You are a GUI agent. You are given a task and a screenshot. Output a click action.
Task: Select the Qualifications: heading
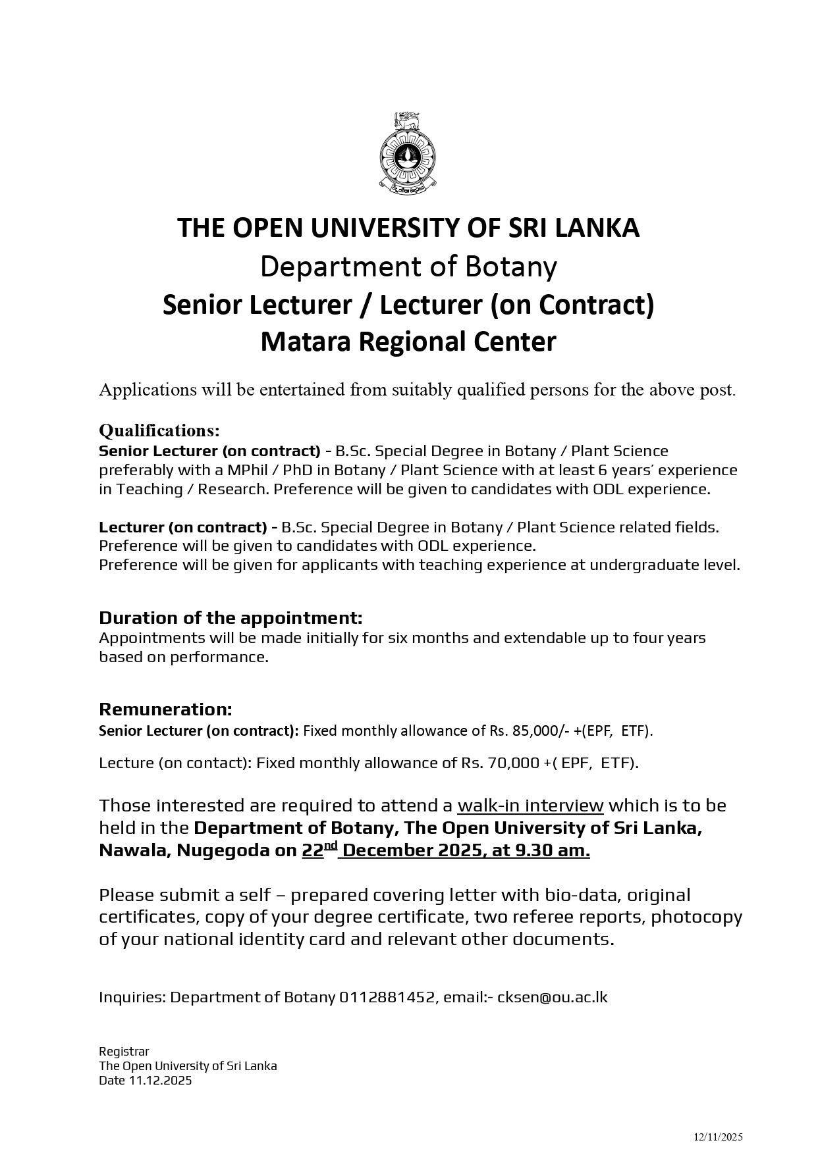pos(159,430)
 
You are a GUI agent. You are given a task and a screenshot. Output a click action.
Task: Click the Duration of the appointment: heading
pos(231,618)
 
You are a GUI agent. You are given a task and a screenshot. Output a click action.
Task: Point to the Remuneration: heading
pos(165,709)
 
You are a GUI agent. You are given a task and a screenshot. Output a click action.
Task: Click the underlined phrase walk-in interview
pos(530,806)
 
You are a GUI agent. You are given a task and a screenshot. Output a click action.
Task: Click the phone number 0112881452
pos(388,997)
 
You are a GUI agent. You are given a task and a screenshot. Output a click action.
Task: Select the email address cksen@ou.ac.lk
pos(552,997)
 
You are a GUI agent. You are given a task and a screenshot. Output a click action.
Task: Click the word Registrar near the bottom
pos(124,1052)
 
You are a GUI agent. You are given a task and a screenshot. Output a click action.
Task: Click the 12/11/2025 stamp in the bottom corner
pos(718,1137)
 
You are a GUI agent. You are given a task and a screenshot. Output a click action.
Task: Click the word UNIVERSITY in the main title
pos(387,228)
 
